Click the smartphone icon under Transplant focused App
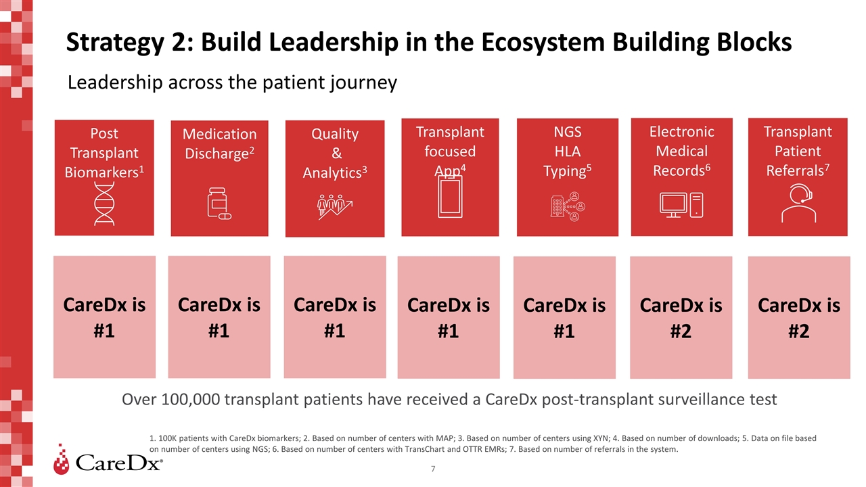(x=450, y=201)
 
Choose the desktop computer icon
(x=682, y=205)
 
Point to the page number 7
(x=433, y=468)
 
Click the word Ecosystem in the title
(x=520, y=42)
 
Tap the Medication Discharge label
(x=219, y=144)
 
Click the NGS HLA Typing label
(x=567, y=151)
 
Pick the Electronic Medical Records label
(x=682, y=151)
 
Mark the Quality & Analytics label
(x=334, y=153)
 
